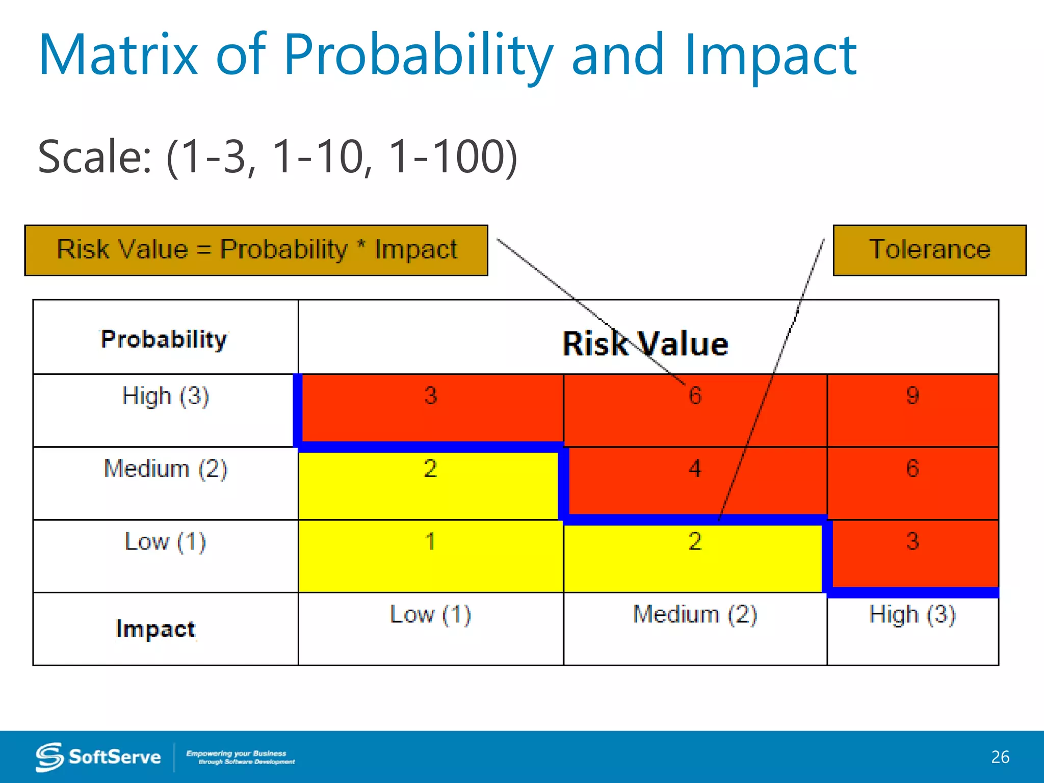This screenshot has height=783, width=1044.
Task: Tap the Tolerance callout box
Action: coord(929,250)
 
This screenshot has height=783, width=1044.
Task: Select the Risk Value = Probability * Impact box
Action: coord(256,250)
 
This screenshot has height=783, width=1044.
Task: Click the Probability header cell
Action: coord(164,338)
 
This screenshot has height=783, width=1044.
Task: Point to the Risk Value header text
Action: coord(645,344)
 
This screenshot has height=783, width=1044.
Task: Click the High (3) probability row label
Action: coord(166,396)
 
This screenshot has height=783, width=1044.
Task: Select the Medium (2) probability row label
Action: coord(166,468)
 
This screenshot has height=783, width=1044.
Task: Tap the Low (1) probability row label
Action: coord(166,541)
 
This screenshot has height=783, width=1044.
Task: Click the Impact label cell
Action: coord(155,629)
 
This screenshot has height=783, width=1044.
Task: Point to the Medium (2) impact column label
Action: coord(695,614)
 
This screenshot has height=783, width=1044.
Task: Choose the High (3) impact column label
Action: coord(912,614)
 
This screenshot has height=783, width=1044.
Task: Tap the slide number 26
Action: coord(1000,757)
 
